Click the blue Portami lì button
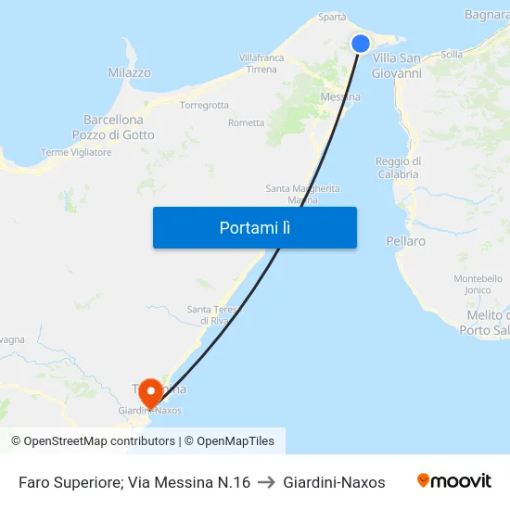click(x=254, y=227)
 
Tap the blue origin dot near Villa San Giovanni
click(x=361, y=44)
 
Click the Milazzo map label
click(x=129, y=72)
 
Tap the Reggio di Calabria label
click(x=397, y=167)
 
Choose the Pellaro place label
click(x=405, y=241)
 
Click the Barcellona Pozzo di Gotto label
click(x=113, y=127)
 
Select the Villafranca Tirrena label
click(x=261, y=63)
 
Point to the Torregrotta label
click(x=204, y=105)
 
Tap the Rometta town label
click(x=246, y=122)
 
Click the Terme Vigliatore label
click(x=76, y=152)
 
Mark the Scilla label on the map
click(x=453, y=54)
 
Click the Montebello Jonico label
click(x=478, y=284)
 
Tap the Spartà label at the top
click(x=332, y=17)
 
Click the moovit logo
click(x=454, y=481)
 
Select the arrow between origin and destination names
click(x=266, y=482)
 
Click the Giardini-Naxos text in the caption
click(x=334, y=482)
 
